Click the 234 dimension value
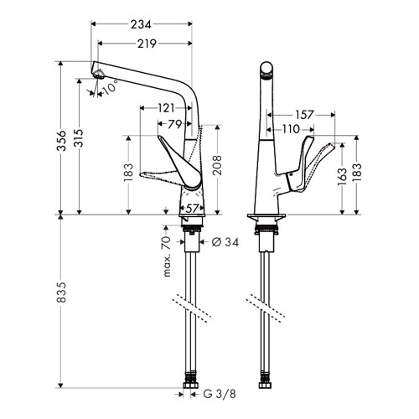141,24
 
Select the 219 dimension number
147,44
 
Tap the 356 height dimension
61,140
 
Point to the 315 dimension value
79,138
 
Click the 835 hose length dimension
61,292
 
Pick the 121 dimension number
166,108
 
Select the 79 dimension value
175,124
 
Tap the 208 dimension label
218,165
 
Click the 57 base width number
192,209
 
